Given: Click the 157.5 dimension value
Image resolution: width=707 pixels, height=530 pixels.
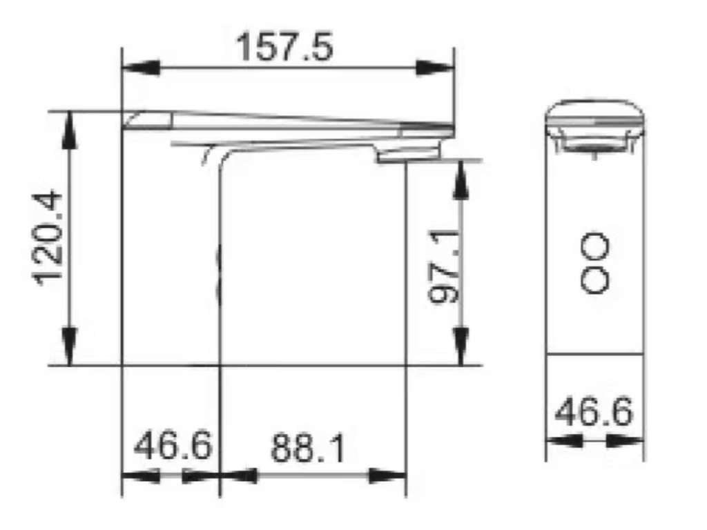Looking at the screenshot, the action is coord(285,46).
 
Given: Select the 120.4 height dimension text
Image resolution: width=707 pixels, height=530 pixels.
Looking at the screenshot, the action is coord(49,238).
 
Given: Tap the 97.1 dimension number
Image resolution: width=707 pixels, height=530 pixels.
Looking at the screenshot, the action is coord(445,266).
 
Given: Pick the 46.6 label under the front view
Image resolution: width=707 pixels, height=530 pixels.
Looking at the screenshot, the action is coord(594,412).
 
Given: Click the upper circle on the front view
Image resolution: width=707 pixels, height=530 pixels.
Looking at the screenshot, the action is coord(594,246).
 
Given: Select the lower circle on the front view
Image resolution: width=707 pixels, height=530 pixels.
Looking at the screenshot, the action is coord(594,280).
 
